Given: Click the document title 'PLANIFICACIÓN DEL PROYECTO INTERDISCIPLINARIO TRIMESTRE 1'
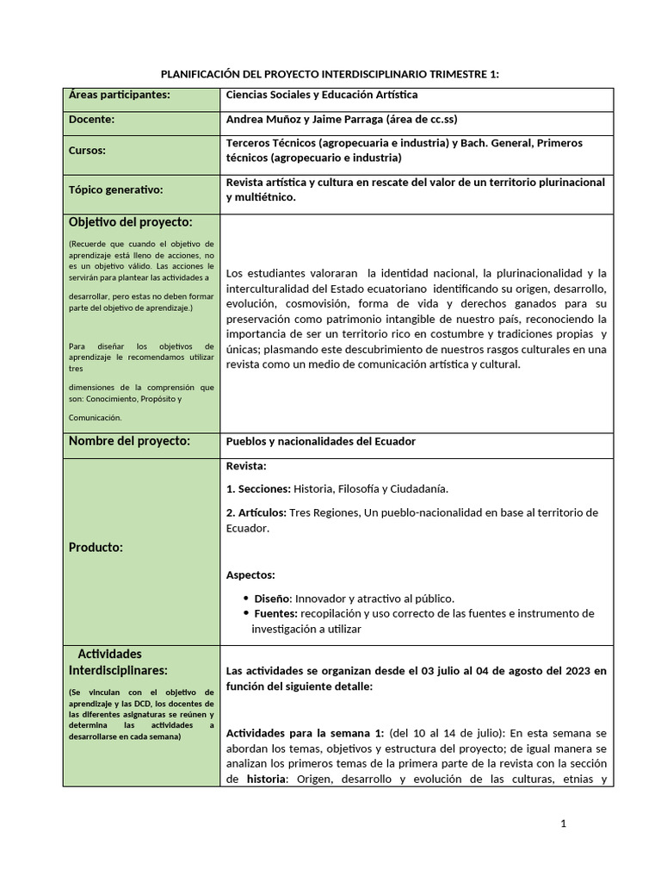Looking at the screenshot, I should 330,75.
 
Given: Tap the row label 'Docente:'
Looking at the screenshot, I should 91,120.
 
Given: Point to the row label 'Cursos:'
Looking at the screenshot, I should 87,150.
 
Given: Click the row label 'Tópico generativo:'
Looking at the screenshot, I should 115,189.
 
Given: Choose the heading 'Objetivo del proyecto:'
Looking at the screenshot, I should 130,223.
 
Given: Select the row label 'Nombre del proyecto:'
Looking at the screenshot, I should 128,441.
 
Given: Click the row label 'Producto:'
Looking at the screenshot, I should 96,547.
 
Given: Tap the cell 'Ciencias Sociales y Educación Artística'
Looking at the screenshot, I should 321,96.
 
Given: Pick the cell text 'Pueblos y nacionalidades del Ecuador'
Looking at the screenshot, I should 320,441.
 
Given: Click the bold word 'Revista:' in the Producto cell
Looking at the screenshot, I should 246,466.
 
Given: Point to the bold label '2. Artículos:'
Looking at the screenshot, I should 256,512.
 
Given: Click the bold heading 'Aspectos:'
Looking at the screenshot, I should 250,575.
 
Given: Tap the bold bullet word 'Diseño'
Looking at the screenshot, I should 273,598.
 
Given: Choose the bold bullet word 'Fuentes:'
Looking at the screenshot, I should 275,613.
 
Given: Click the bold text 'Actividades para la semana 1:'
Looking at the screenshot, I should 304,733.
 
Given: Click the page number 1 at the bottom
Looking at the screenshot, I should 563,824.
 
